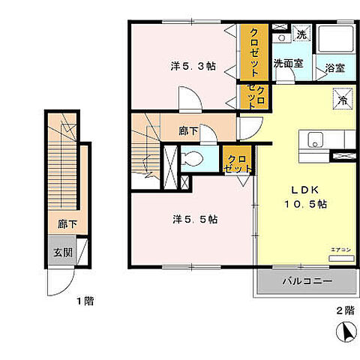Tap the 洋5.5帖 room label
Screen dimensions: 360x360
tap(195, 219)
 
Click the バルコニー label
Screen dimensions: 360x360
tap(307, 282)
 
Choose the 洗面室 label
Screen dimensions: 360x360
tap(288, 64)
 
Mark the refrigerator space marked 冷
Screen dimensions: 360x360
tap(341, 99)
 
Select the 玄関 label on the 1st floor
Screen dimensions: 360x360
tap(62, 251)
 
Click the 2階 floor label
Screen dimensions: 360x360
tap(344, 309)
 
